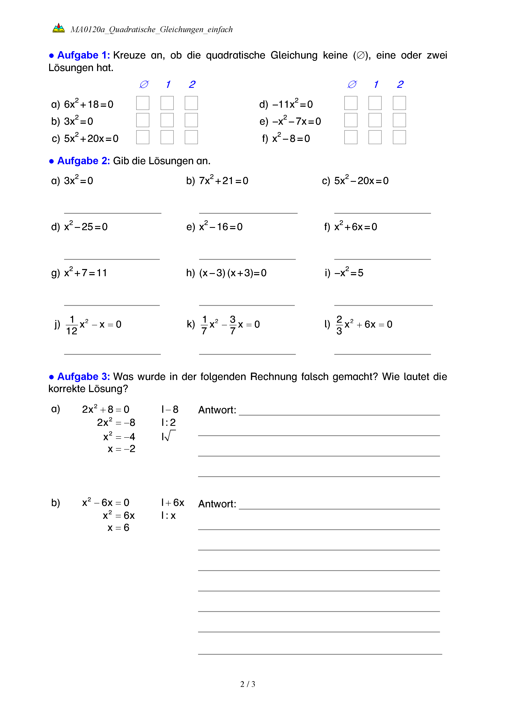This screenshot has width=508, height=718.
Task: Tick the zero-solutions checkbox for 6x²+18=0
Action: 143,103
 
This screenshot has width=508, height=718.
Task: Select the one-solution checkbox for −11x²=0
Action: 375,103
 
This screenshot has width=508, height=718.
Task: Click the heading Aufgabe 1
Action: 83,55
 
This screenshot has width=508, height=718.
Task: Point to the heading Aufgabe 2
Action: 83,161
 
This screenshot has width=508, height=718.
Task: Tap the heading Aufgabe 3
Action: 83,377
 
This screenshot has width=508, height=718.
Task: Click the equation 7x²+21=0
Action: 223,180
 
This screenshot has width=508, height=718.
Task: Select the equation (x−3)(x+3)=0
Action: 233,273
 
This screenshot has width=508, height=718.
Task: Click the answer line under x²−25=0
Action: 112,259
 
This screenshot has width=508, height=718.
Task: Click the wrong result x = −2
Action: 121,449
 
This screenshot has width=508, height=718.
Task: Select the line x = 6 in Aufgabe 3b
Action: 118,528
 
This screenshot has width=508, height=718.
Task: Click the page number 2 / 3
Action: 247,684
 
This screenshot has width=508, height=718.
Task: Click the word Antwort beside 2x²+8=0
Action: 217,410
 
